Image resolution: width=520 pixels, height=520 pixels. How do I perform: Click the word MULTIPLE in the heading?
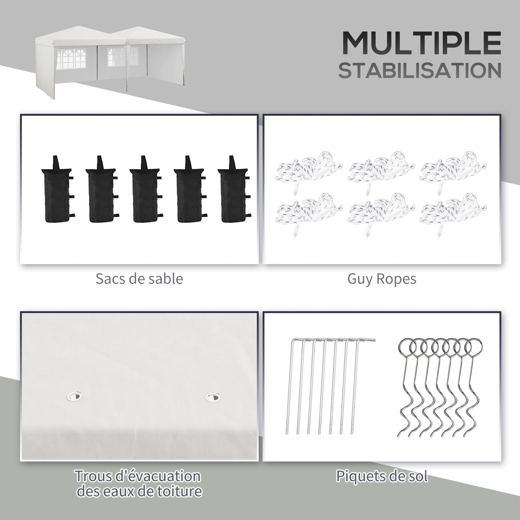tap(421, 43)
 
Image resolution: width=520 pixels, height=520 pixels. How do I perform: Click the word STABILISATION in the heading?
tap(420, 71)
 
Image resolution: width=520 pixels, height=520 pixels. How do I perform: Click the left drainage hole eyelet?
tap(74, 396)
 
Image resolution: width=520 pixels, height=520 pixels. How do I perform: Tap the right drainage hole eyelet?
tap(213, 397)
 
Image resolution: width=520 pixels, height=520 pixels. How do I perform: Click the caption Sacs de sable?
tap(139, 279)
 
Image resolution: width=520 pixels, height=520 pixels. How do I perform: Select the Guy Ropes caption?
tap(382, 280)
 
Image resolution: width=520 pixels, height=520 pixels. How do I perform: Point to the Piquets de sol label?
tap(382, 476)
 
